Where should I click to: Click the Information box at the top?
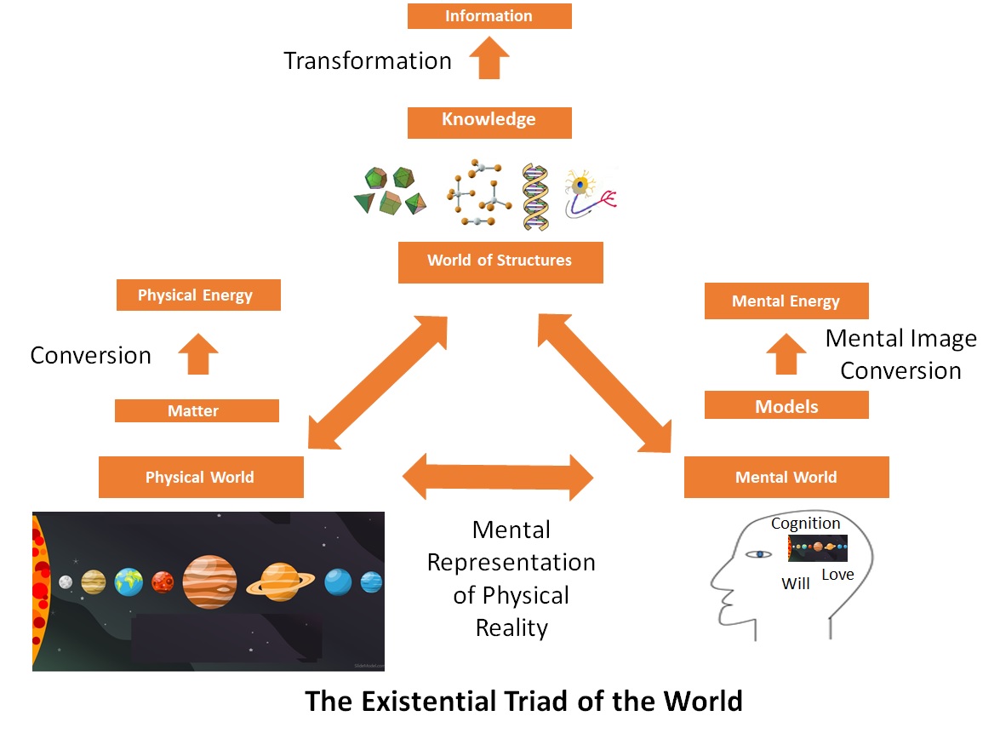[x=489, y=16]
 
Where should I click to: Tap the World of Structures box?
[x=500, y=261]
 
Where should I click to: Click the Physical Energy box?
[x=197, y=296]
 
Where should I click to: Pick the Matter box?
[x=196, y=411]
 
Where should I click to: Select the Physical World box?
[x=201, y=477]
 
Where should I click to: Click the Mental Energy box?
[x=786, y=301]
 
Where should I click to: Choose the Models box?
[x=786, y=405]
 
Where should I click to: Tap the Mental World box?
[x=786, y=477]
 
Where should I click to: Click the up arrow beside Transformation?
[x=489, y=60]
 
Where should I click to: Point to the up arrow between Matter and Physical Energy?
[x=197, y=354]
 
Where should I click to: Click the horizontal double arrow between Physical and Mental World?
[x=498, y=477]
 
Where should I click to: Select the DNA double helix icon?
[x=535, y=196]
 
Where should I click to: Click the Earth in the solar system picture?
[x=129, y=581]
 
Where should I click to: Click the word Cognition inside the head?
[x=805, y=524]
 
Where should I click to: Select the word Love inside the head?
[x=837, y=575]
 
